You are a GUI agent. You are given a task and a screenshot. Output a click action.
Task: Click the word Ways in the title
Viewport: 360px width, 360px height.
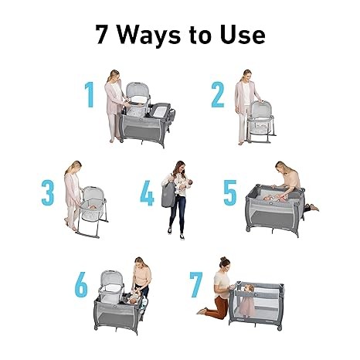coord(149,36)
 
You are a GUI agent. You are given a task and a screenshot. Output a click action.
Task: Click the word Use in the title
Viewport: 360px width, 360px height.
coord(243,35)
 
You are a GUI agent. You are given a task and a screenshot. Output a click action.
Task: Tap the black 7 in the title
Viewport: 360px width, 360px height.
coord(102,35)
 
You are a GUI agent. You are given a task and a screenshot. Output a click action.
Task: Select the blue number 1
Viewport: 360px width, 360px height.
coord(90,94)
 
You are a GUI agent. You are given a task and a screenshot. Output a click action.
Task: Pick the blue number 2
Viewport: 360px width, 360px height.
coord(218,94)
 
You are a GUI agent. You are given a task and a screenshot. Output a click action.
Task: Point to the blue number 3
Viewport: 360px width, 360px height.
coord(48,192)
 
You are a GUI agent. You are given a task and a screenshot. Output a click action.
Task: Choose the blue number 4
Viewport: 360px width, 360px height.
coord(147,193)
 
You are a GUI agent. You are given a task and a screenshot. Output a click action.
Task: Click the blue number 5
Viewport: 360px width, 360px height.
coord(230,193)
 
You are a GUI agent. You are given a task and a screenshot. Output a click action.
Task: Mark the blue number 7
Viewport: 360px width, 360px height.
coord(196,284)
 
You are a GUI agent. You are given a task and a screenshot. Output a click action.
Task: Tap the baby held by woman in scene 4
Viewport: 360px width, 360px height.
coord(185,185)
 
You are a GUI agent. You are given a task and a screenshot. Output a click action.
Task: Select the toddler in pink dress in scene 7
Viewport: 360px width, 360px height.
coord(246,301)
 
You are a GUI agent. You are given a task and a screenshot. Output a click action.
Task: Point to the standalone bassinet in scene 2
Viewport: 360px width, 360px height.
coord(261,121)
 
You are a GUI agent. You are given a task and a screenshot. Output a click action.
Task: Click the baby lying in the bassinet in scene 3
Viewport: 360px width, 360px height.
coord(91,206)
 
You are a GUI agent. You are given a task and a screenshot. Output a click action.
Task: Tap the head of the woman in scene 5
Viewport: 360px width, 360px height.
coord(280,168)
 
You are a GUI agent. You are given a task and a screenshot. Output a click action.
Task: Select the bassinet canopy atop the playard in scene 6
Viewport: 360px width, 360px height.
coord(111,280)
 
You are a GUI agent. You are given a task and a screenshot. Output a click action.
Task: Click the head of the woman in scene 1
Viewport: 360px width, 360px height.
coord(114,76)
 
